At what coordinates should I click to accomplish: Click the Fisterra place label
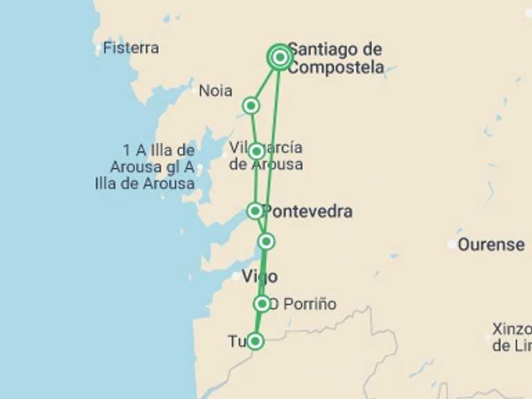[x=131, y=48]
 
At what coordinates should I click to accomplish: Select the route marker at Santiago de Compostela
[x=279, y=57]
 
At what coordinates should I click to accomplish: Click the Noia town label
[x=215, y=91]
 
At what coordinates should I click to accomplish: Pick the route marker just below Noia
[x=251, y=105]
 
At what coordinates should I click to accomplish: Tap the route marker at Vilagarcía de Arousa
[x=256, y=151]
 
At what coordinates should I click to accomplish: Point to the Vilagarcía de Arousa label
[x=267, y=156]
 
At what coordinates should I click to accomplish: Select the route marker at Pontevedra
[x=255, y=211]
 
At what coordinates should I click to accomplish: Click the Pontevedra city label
[x=308, y=211]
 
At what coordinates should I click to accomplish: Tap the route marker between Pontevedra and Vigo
[x=267, y=241]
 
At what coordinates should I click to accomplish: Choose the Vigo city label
[x=260, y=277]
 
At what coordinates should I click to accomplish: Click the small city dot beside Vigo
[x=236, y=276]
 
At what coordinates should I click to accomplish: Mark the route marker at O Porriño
[x=262, y=303]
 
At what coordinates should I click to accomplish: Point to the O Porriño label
[x=303, y=304]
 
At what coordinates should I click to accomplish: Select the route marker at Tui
[x=256, y=341]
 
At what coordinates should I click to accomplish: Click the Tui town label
[x=237, y=342]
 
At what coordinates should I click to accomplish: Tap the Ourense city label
[x=491, y=245]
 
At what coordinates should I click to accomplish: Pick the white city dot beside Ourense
[x=452, y=244]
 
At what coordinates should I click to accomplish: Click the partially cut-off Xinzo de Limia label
[x=511, y=337]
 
